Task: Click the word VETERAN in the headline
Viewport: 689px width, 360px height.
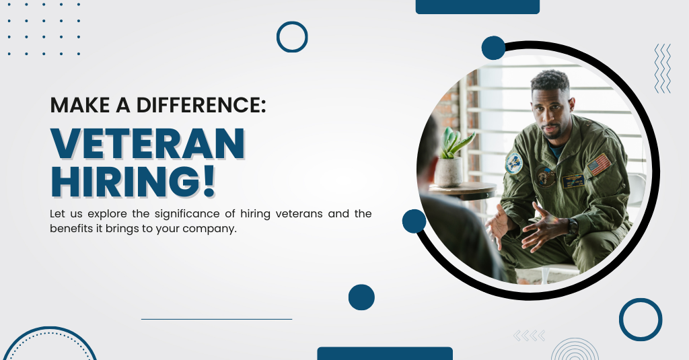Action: (x=147, y=144)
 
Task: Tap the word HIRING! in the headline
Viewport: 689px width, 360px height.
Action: (x=133, y=180)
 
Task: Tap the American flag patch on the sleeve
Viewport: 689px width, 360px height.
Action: (x=600, y=164)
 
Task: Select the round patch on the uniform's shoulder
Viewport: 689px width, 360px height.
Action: (x=513, y=164)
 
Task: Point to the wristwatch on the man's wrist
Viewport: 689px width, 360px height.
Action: (x=572, y=225)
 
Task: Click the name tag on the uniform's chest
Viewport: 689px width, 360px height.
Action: (x=573, y=180)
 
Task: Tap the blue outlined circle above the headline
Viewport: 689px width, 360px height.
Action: (x=292, y=37)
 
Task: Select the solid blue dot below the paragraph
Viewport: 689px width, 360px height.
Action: (x=361, y=297)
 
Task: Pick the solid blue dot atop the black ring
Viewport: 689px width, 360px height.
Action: (x=493, y=48)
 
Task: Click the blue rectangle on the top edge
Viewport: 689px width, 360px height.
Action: (x=478, y=7)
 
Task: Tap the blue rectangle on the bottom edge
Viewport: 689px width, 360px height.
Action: (x=385, y=353)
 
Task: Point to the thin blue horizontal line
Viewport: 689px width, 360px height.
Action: (x=217, y=320)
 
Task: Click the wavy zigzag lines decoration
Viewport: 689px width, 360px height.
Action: (x=663, y=68)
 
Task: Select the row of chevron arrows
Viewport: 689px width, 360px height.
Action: (x=530, y=336)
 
